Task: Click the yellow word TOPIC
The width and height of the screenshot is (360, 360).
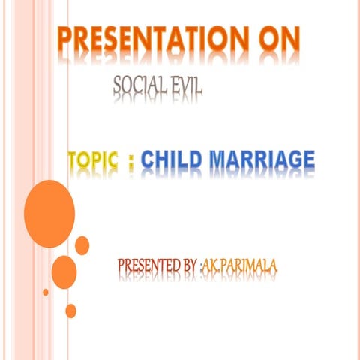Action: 94,160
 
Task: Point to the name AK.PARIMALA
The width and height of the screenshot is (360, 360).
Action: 234,265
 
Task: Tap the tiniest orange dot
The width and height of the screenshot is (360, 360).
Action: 46,292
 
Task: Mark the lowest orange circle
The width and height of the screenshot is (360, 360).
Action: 71,310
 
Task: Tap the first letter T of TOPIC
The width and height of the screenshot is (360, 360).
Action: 75,160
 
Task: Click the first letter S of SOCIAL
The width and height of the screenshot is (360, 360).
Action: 118,89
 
